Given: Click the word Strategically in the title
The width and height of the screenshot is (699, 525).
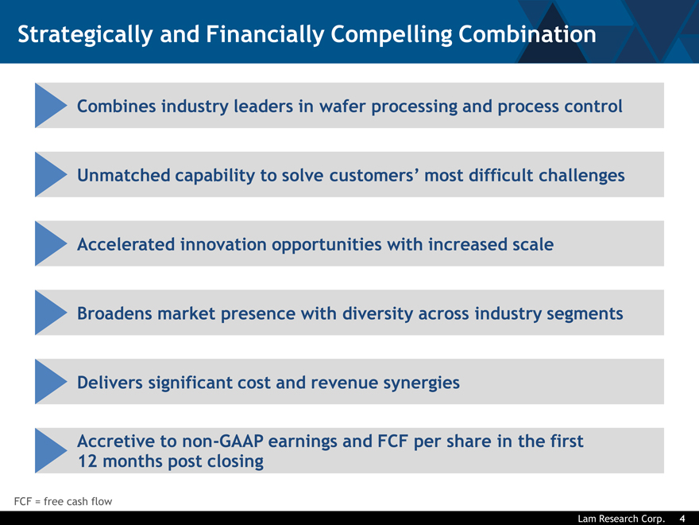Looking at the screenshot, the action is pos(85,35).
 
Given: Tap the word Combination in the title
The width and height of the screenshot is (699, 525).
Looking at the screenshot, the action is pos(527,34).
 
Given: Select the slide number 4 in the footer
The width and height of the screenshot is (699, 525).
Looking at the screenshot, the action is pos(682,519).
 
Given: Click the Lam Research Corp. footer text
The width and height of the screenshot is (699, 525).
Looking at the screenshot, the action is pos(621,519).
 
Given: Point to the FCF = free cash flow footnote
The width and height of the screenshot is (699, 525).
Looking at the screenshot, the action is pos(63,501).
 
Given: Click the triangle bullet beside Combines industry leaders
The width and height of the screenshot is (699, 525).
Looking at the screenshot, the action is pos(51,105).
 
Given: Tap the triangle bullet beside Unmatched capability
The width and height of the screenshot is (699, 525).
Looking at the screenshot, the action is pos(51,174).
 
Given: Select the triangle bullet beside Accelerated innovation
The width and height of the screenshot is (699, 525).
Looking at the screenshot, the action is pos(51,243).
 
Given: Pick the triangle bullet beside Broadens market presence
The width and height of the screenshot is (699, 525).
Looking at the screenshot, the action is pos(51,313).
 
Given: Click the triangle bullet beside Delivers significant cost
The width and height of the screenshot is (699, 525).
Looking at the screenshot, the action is pos(51,382).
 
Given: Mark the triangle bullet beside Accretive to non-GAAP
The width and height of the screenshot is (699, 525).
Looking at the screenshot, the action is pos(51,450).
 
